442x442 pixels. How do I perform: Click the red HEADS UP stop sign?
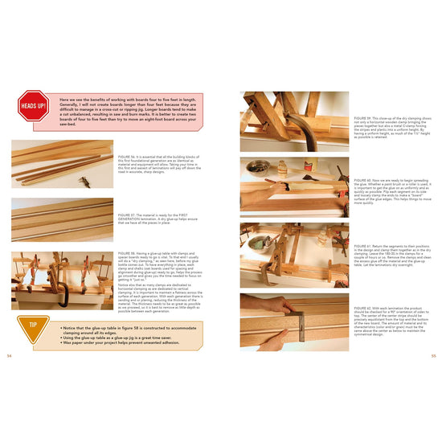point(33,104)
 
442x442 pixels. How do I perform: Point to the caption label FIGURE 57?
point(127,215)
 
